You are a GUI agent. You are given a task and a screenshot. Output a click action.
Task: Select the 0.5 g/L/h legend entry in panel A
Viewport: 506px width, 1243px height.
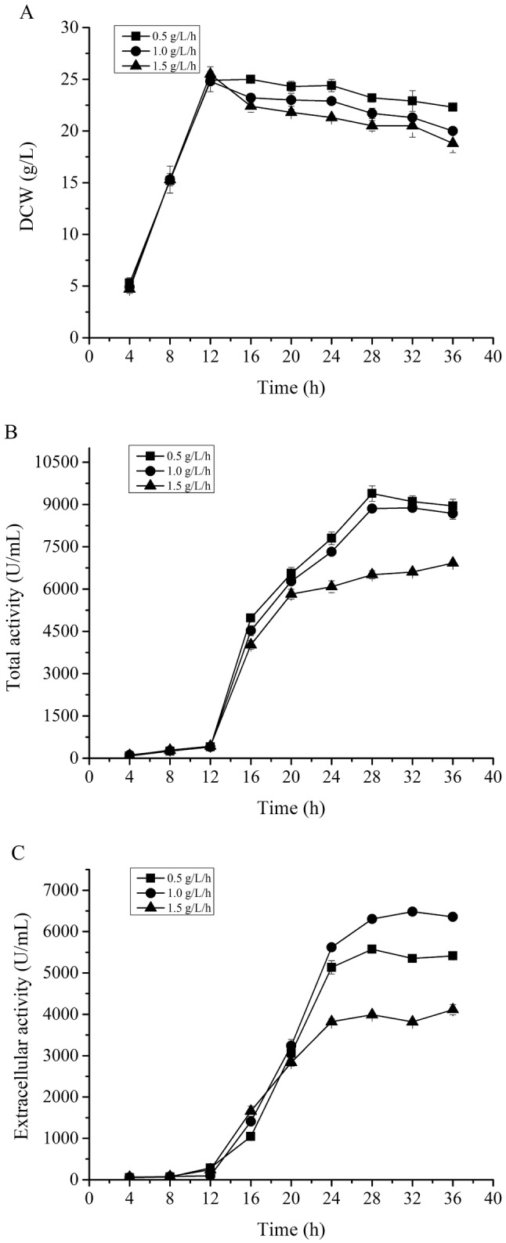coord(152,35)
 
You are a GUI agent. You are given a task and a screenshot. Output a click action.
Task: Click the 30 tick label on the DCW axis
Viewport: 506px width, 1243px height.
coord(71,28)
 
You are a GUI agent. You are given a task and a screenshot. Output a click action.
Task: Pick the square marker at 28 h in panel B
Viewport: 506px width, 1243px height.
coord(371,493)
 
